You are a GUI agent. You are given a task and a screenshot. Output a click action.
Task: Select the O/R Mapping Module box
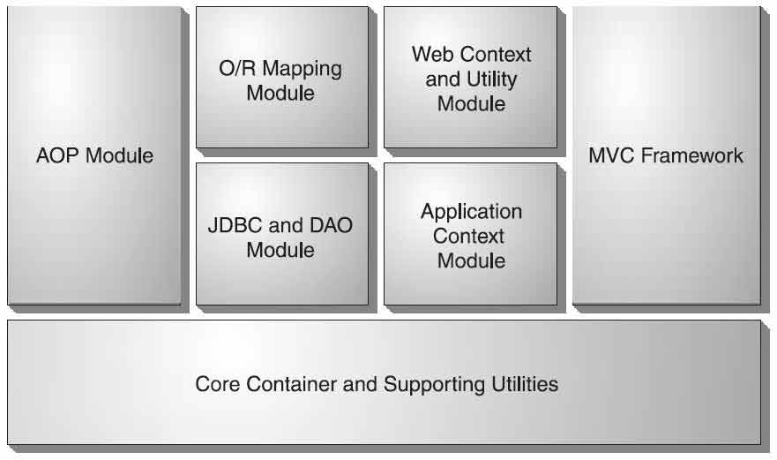[x=281, y=115]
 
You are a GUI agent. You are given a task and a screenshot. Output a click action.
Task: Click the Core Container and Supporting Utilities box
[x=384, y=415]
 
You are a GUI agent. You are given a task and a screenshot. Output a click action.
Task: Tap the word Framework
[x=692, y=156]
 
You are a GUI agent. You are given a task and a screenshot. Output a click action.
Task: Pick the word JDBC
[x=230, y=225]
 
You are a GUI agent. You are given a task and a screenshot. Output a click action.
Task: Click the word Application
[x=471, y=212]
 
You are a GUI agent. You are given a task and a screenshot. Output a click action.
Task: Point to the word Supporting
[x=434, y=385]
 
